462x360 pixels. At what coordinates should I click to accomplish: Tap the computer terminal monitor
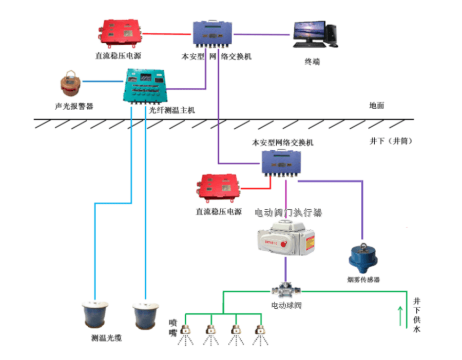[x=309, y=32]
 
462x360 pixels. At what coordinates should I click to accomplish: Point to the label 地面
[x=376, y=106]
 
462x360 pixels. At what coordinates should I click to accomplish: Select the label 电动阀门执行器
[x=288, y=212]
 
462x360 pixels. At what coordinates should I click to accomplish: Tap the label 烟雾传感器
[x=363, y=279]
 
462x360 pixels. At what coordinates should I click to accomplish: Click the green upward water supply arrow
[x=400, y=315]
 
